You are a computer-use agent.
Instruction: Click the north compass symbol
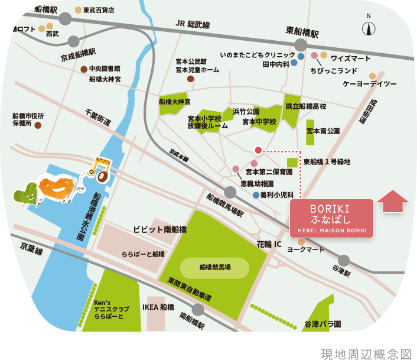click(369, 28)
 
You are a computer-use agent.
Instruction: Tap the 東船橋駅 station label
click(302, 32)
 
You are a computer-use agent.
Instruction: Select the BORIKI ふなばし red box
click(331, 219)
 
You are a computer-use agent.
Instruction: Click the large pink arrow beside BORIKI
click(392, 201)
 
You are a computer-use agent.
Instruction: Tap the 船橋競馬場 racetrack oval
click(214, 268)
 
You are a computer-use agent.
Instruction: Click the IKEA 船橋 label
click(158, 307)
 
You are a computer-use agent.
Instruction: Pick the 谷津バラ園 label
click(322, 324)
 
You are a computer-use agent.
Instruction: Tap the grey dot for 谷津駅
click(344, 260)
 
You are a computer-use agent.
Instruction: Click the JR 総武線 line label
click(193, 24)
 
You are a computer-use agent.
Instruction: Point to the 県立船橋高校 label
click(305, 106)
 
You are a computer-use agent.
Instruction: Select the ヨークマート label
click(305, 250)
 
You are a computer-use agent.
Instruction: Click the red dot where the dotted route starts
click(258, 150)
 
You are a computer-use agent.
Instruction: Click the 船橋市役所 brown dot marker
click(38, 125)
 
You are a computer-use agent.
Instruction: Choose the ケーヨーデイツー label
click(369, 84)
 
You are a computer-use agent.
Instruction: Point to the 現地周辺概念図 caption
click(366, 353)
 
